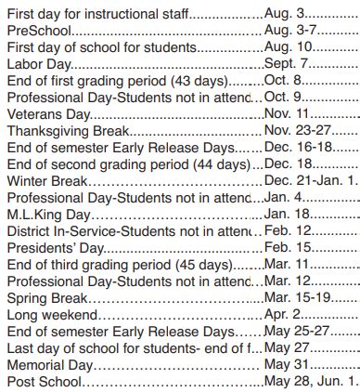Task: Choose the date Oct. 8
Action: point(284,82)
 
